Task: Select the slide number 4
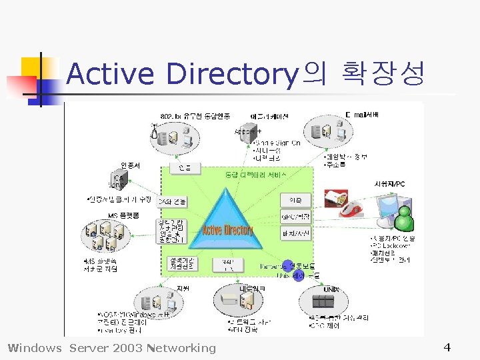pyautogui.click(x=447, y=347)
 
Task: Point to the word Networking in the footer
pyautogui.click(x=183, y=347)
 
